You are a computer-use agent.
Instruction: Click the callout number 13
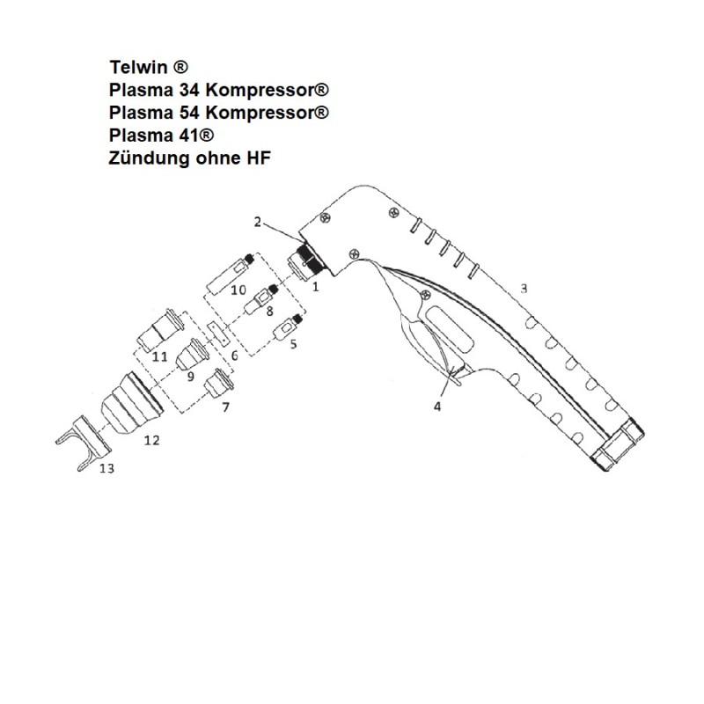pyautogui.click(x=106, y=469)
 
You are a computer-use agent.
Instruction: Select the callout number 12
pyautogui.click(x=151, y=440)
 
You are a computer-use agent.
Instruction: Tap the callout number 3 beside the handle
pyautogui.click(x=524, y=288)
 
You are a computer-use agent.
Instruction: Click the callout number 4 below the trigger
pyautogui.click(x=437, y=407)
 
